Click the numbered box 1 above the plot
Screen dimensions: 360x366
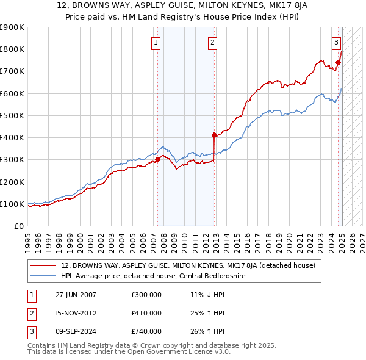coord(157,42)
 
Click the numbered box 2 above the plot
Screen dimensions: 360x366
coord(212,42)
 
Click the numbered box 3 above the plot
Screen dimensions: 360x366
coord(336,42)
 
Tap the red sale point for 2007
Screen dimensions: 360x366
coord(157,159)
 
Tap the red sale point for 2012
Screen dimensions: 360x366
coord(214,135)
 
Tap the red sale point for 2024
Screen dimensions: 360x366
coord(338,62)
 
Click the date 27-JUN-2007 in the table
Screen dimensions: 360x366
coord(76,295)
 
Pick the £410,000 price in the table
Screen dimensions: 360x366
coord(146,313)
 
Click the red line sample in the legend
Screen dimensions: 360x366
coord(43,265)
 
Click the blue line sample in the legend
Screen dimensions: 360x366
coord(43,276)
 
